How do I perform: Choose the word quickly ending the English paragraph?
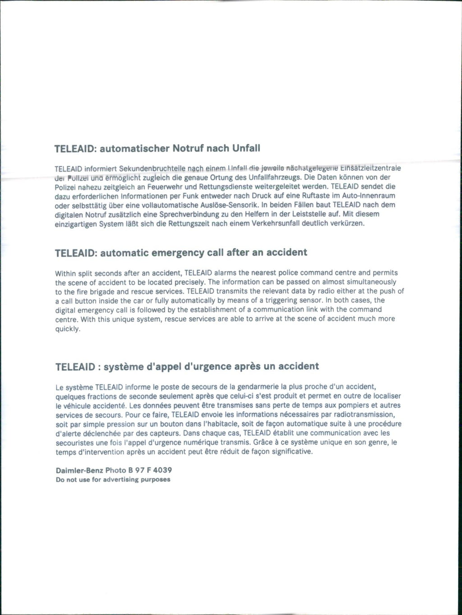[x=68, y=329]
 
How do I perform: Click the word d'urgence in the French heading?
[x=207, y=367]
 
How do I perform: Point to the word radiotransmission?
[x=366, y=414]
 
